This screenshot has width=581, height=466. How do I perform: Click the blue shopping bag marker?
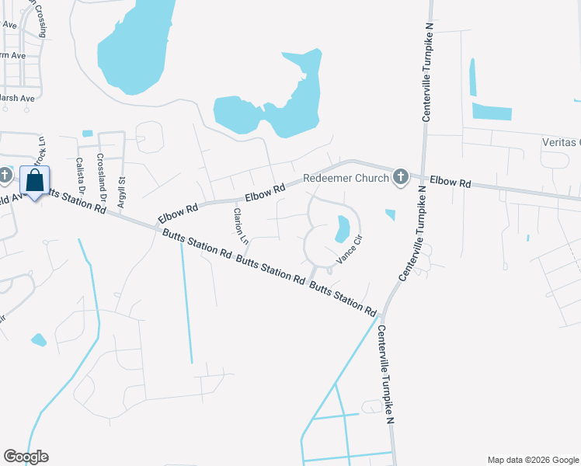click(35, 182)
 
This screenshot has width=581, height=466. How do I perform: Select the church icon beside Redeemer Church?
click(400, 178)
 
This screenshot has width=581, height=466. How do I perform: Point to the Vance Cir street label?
click(350, 249)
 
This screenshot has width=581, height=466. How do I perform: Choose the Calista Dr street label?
click(80, 176)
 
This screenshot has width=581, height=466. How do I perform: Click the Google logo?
click(26, 457)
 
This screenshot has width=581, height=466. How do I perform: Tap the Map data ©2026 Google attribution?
click(532, 460)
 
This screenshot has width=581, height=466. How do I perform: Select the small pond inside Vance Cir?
click(342, 228)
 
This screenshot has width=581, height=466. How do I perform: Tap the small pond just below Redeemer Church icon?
click(390, 214)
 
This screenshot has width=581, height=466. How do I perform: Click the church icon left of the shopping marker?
click(6, 174)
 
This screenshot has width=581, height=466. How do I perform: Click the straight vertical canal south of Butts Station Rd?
click(186, 303)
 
